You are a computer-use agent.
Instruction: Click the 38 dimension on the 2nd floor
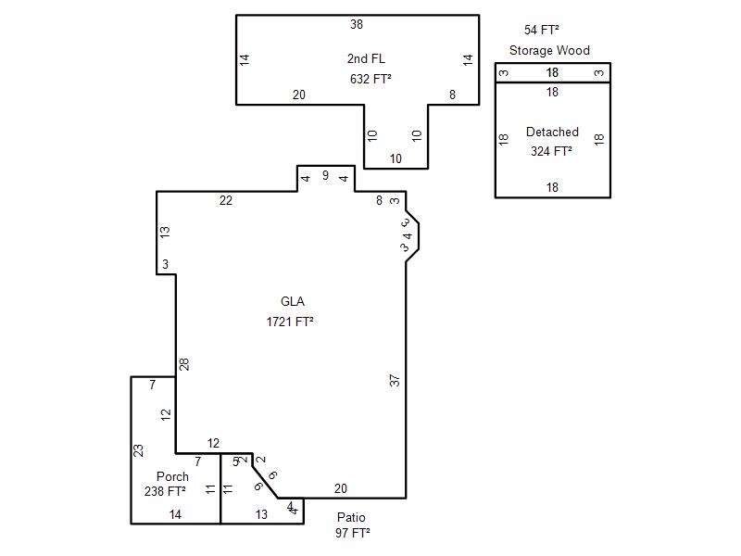click(357, 24)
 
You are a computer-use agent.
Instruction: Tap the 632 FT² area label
click(370, 79)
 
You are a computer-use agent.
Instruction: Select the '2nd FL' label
click(367, 58)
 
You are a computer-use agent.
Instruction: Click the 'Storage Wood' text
click(549, 51)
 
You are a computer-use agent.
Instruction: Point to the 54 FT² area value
click(542, 30)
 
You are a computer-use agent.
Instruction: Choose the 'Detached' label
click(552, 133)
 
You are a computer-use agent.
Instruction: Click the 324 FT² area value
click(551, 151)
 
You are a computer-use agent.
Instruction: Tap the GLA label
click(293, 301)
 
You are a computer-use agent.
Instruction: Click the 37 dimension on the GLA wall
click(396, 379)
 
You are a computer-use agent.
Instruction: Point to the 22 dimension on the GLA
click(226, 200)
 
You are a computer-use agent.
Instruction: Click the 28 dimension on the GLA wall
click(185, 364)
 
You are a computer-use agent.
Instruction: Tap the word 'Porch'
click(172, 476)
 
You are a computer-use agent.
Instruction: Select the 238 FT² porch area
click(166, 491)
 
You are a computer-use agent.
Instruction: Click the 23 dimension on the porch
click(139, 450)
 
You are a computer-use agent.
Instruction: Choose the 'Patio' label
click(351, 517)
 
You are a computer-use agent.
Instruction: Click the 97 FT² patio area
click(353, 533)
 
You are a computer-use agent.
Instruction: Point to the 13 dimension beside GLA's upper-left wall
click(165, 232)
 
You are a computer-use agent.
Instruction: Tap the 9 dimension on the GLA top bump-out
click(325, 175)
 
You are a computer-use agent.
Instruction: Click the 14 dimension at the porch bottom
click(175, 513)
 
